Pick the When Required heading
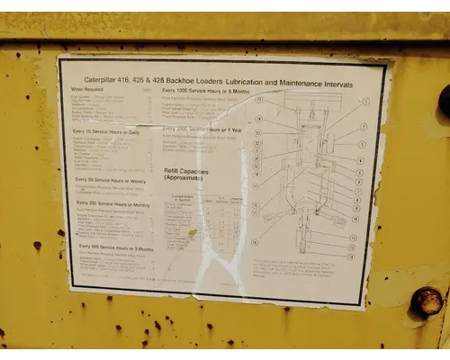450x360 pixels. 88,90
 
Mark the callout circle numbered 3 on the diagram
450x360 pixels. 363,144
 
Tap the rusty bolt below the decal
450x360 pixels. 426,301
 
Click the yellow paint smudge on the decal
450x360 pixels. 191,234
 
